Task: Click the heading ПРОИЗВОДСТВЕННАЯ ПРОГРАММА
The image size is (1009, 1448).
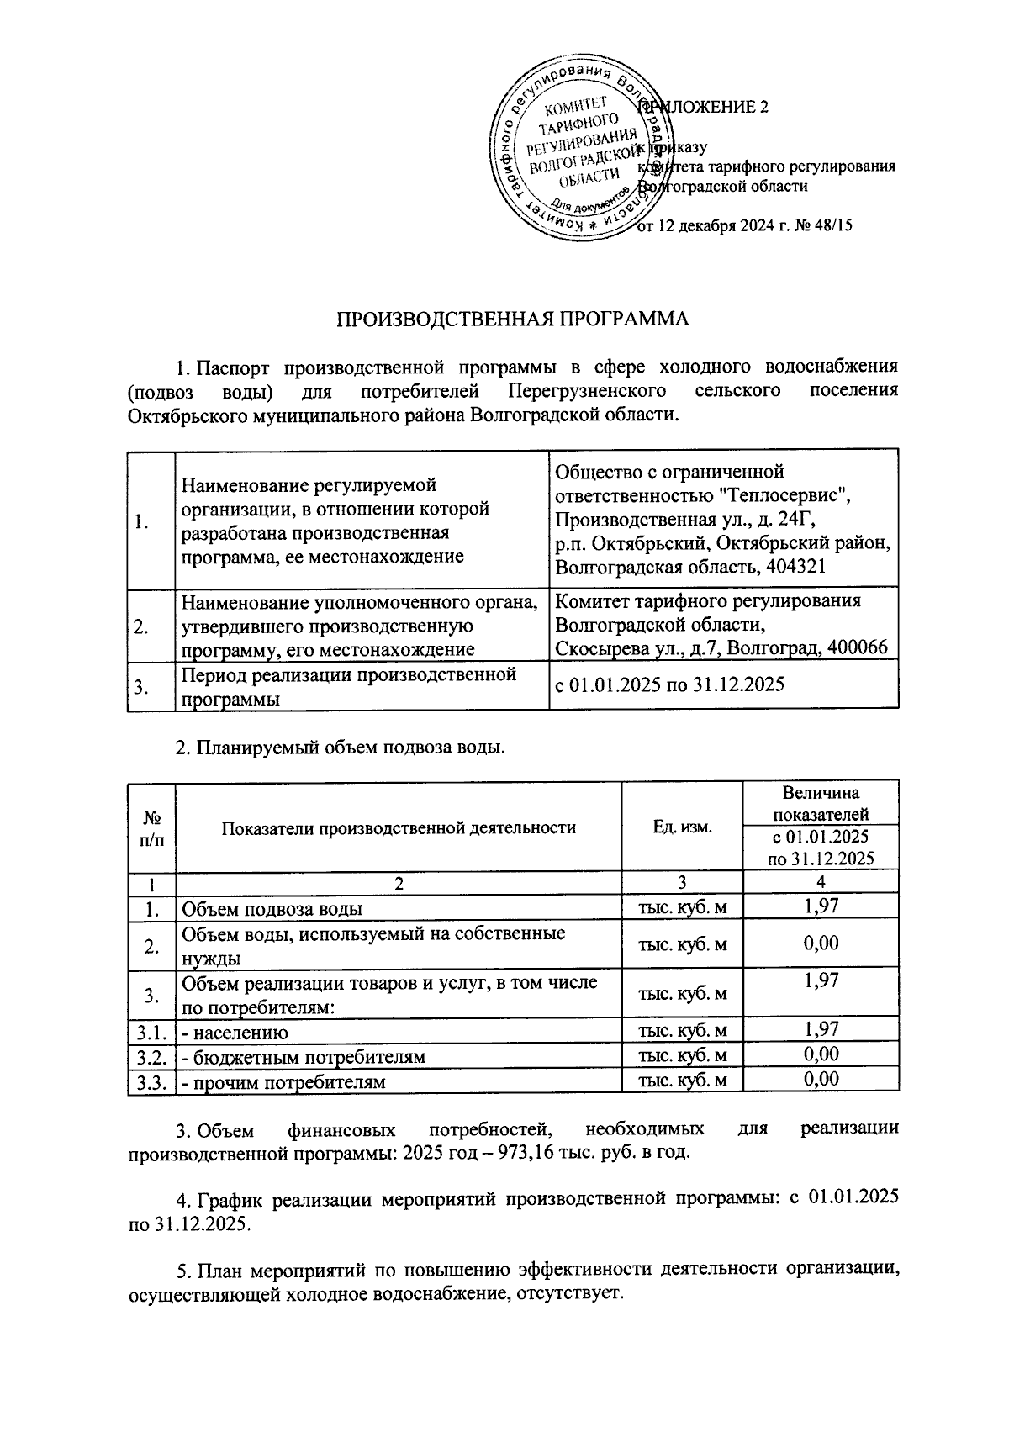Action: pos(513,319)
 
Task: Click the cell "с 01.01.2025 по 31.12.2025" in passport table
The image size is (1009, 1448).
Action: pos(669,684)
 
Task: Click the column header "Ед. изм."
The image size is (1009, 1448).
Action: pos(682,827)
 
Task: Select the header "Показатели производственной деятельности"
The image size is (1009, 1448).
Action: pos(399,827)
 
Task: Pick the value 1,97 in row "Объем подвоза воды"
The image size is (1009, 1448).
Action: pos(821,906)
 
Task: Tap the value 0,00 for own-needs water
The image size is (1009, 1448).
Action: pos(821,943)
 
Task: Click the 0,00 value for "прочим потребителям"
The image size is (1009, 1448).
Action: pos(821,1080)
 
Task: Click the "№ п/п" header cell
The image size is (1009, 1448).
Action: pos(152,827)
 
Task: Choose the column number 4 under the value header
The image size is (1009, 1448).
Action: pos(821,882)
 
